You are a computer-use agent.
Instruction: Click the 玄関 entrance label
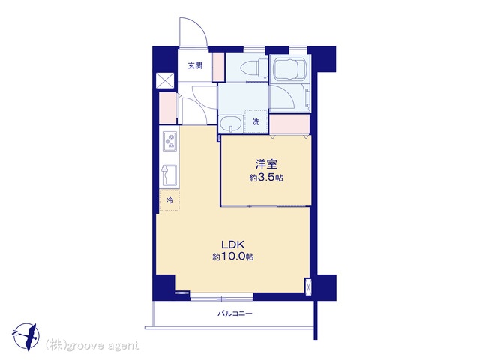click(195, 65)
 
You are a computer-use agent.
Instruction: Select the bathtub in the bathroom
click(290, 70)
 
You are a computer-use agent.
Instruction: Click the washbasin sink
click(231, 124)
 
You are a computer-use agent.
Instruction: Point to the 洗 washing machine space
click(256, 121)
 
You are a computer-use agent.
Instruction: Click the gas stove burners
click(169, 142)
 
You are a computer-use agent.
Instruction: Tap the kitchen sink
click(169, 175)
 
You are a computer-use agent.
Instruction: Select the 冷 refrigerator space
click(169, 200)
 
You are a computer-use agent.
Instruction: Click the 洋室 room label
click(267, 164)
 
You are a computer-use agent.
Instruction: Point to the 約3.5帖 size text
click(266, 178)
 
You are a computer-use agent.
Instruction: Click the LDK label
click(233, 244)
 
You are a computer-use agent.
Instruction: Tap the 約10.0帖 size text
click(233, 256)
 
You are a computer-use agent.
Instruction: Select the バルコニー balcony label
click(235, 313)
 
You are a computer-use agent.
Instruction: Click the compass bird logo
click(26, 337)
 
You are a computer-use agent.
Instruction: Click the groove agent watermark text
click(92, 346)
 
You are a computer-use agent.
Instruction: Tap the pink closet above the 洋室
click(289, 124)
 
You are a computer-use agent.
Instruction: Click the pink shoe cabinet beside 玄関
click(218, 67)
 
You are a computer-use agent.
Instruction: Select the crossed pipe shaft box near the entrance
click(165, 81)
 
